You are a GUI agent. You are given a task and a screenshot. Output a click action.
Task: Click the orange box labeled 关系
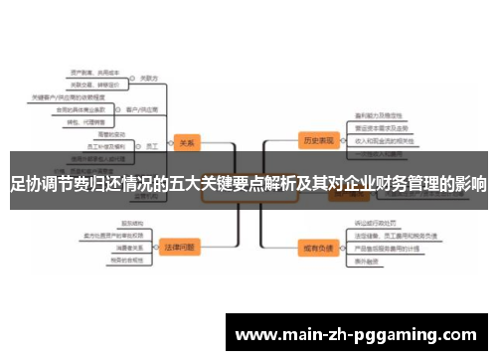186,141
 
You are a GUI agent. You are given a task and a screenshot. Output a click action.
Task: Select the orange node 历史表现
317,140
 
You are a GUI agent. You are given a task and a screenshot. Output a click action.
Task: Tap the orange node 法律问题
180,245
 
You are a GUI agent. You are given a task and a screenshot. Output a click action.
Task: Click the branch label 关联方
150,77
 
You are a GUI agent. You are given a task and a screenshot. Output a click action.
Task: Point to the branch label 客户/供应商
139,107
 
